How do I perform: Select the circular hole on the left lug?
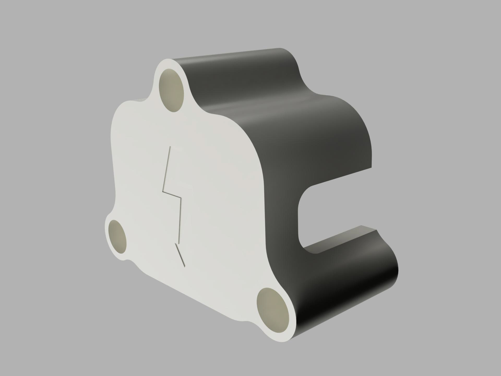coord(117,237)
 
